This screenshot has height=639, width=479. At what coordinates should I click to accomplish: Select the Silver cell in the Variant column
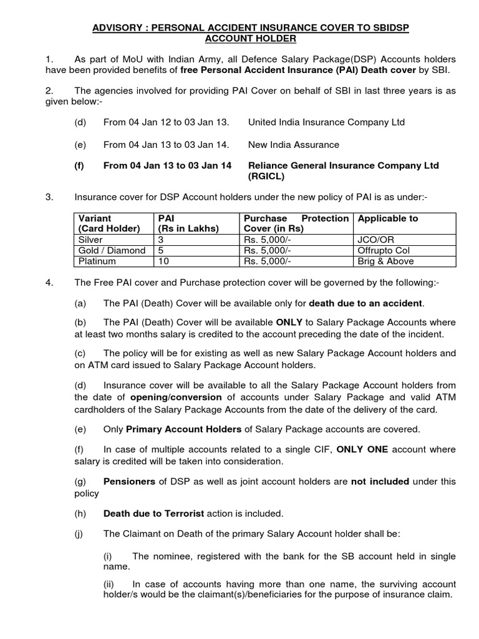point(90,240)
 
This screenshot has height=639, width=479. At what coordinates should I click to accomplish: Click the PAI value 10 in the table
point(163,261)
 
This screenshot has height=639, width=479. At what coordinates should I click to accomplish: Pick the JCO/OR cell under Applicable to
point(377,240)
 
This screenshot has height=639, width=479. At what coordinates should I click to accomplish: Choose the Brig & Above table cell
point(385,261)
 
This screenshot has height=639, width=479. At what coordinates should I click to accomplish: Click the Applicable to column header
point(388,218)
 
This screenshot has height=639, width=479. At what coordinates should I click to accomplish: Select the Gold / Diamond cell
point(112,250)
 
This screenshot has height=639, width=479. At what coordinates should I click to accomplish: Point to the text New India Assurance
point(294,145)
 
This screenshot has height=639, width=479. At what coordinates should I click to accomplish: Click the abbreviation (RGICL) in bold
point(266,177)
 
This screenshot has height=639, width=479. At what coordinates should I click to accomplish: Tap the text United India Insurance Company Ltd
point(326,122)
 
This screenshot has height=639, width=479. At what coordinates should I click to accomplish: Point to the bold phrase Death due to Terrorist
point(153,514)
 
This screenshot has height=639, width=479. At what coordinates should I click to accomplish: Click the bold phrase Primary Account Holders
point(184,429)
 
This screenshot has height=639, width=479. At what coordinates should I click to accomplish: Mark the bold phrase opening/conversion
point(176,397)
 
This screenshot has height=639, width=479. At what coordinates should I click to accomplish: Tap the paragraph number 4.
point(48,283)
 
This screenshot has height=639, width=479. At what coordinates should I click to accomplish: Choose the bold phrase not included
point(380,482)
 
